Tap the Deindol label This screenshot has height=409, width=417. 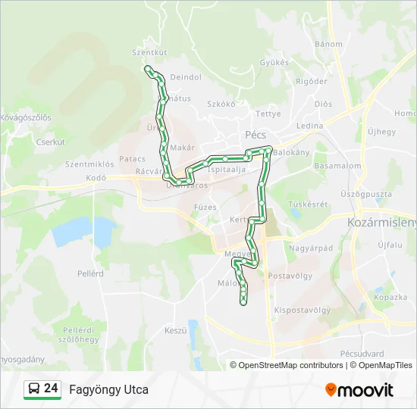(x=186, y=77)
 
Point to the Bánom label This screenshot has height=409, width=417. (x=329, y=44)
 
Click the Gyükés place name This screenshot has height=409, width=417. (x=274, y=63)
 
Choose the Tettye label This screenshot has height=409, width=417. (x=268, y=114)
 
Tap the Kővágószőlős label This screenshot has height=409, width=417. (x=25, y=117)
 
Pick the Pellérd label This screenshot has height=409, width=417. (x=90, y=273)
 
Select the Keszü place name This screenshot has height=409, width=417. (x=175, y=330)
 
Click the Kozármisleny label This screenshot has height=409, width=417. (x=382, y=223)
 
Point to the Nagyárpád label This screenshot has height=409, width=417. (x=311, y=248)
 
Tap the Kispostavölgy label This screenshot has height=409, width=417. (x=302, y=310)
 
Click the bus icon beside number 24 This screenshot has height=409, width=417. (x=35, y=389)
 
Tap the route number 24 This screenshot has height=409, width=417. (x=51, y=389)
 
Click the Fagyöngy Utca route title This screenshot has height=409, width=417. (x=108, y=390)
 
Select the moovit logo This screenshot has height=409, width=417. (x=359, y=390)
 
